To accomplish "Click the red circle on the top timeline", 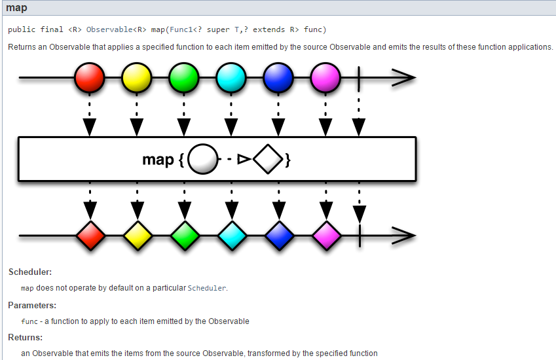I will [x=90, y=77].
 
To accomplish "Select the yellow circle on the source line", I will [x=137, y=77].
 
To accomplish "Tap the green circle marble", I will [x=184, y=77].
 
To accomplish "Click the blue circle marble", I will [x=278, y=77].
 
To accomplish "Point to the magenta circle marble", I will [x=325, y=77].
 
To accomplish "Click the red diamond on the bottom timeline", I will [x=90, y=235].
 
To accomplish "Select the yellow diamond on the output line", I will [x=137, y=235].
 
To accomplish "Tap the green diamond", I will [x=184, y=235].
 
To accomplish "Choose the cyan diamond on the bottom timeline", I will [x=231, y=235].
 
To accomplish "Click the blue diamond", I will [x=278, y=235].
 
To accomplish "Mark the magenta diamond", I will [x=325, y=235].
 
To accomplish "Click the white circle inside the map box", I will [x=203, y=159].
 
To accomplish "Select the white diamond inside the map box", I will [x=268, y=159].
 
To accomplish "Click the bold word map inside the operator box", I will [x=158, y=159].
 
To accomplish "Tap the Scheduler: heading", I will [x=30, y=272].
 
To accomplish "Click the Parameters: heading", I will [x=32, y=305].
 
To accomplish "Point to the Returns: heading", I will [x=26, y=337].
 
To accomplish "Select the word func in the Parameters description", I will [x=29, y=321].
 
